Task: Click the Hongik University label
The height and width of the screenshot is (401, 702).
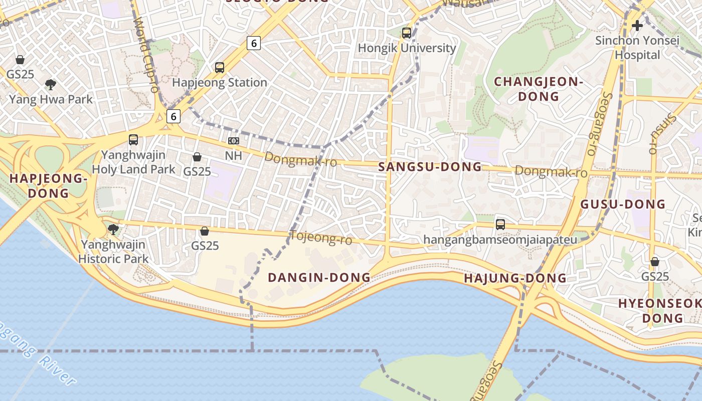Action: (407, 48)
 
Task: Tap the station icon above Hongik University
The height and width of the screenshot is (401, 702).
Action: (407, 33)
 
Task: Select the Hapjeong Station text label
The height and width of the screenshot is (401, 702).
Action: (220, 83)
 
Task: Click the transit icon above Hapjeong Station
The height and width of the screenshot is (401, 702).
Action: (220, 67)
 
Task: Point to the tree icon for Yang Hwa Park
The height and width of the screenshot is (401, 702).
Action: (50, 84)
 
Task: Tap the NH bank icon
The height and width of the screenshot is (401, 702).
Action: (234, 141)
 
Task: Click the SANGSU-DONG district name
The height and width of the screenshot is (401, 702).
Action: (430, 167)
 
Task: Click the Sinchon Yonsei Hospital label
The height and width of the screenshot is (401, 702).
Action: (637, 48)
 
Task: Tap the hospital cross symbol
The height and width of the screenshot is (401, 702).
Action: (637, 25)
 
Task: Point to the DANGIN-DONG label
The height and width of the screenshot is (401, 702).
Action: (319, 277)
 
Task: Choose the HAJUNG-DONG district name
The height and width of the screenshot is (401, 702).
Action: (515, 278)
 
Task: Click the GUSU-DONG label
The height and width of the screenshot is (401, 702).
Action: (623, 204)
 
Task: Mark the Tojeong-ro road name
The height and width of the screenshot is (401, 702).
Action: (321, 237)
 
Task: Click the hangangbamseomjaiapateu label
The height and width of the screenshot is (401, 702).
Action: (500, 240)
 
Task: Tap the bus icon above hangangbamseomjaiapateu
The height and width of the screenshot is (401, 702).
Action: (500, 224)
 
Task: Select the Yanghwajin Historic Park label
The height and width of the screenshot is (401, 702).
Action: (113, 252)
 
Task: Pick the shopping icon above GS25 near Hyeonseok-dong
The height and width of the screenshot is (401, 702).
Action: (655, 262)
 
